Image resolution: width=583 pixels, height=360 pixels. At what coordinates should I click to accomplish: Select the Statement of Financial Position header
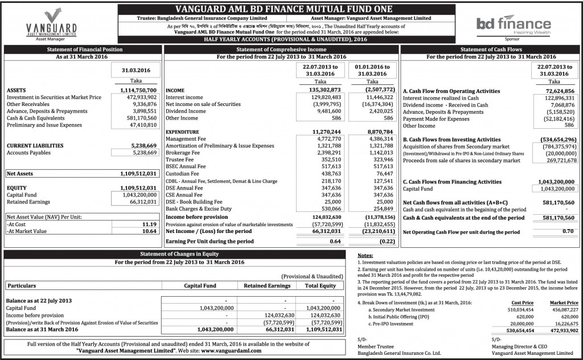tap(84, 50)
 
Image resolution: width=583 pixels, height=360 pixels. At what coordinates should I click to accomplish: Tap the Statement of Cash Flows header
tap(491, 50)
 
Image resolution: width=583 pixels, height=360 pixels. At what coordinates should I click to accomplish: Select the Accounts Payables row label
tap(28, 153)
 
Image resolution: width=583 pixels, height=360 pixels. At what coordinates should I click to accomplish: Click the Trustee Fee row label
tap(179, 159)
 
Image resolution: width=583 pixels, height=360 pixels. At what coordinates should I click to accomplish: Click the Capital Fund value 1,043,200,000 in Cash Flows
tap(553, 189)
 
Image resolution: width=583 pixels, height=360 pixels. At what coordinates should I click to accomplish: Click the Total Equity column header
tap(320, 285)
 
